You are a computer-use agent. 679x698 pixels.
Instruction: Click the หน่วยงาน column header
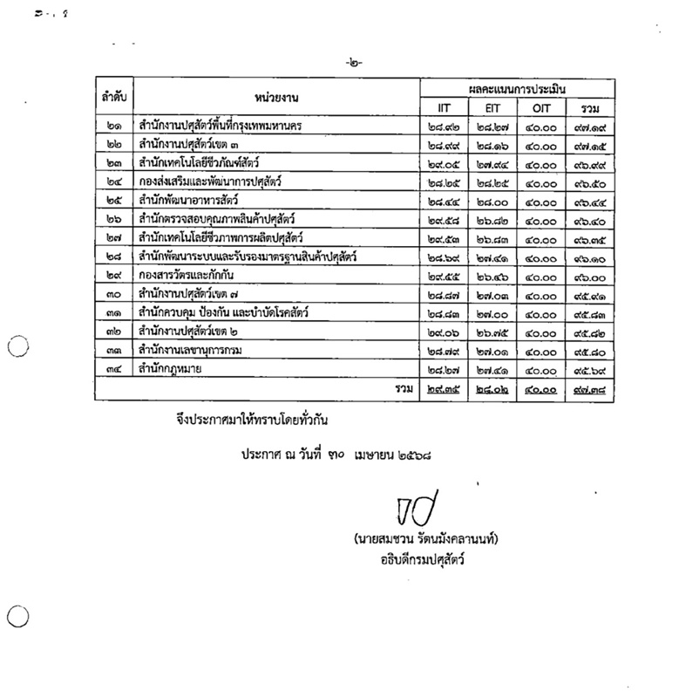coord(278,97)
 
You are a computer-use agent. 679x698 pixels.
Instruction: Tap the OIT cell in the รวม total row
coord(546,387)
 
